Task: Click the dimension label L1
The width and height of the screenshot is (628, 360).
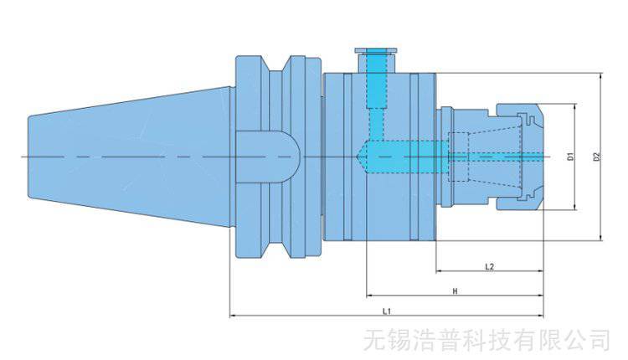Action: pos(387,310)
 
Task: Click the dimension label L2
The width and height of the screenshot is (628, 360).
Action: pos(490,266)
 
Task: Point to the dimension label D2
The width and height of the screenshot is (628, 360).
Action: pos(595,157)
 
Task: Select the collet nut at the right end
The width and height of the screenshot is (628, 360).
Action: pos(519,157)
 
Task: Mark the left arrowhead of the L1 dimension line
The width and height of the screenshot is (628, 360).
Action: pos(232,316)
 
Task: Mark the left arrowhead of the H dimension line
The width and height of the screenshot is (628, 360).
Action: pos(369,296)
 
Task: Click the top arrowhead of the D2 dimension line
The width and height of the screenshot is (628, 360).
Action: pos(601,76)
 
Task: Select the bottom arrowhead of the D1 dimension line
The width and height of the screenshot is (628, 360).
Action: pos(574,206)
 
